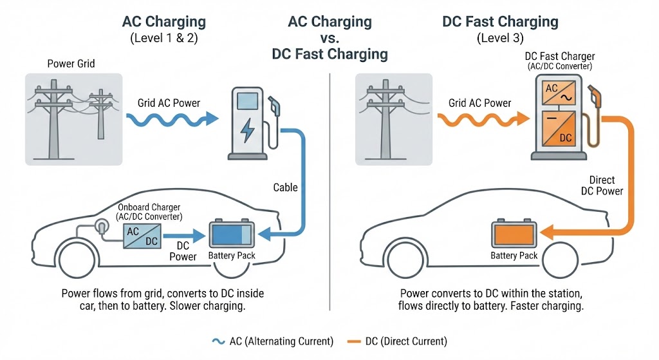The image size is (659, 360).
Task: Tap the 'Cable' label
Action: point(285,187)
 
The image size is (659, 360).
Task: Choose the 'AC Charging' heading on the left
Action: point(165,21)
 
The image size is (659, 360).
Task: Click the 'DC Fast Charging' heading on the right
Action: point(500,21)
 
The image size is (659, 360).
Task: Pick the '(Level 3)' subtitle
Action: point(500,38)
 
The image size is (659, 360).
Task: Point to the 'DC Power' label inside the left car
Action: point(183,251)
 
